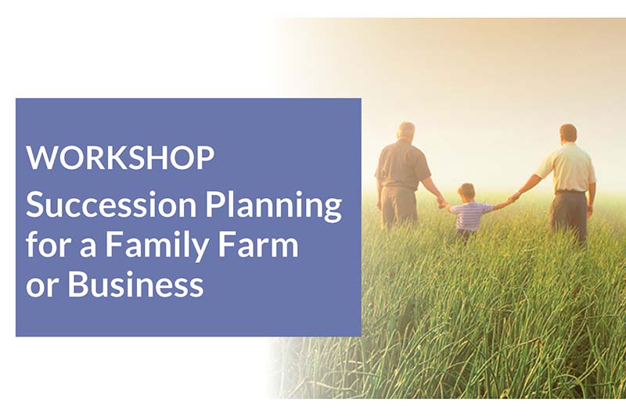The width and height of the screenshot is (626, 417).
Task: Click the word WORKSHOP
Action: (121, 157)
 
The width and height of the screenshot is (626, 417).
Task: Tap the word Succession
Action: (111, 204)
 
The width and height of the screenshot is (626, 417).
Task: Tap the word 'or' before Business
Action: (42, 287)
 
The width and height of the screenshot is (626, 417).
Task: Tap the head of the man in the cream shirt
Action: (568, 134)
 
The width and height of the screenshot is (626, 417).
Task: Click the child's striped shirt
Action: (471, 216)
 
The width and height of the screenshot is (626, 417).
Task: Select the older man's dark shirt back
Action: (401, 164)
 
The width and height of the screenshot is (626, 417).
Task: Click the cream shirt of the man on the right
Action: (569, 167)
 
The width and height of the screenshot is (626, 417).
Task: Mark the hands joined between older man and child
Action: (442, 203)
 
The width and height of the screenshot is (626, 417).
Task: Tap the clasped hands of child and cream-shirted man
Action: (513, 198)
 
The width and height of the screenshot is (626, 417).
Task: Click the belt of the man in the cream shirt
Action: (570, 192)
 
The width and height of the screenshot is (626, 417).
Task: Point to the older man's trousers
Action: (399, 207)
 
